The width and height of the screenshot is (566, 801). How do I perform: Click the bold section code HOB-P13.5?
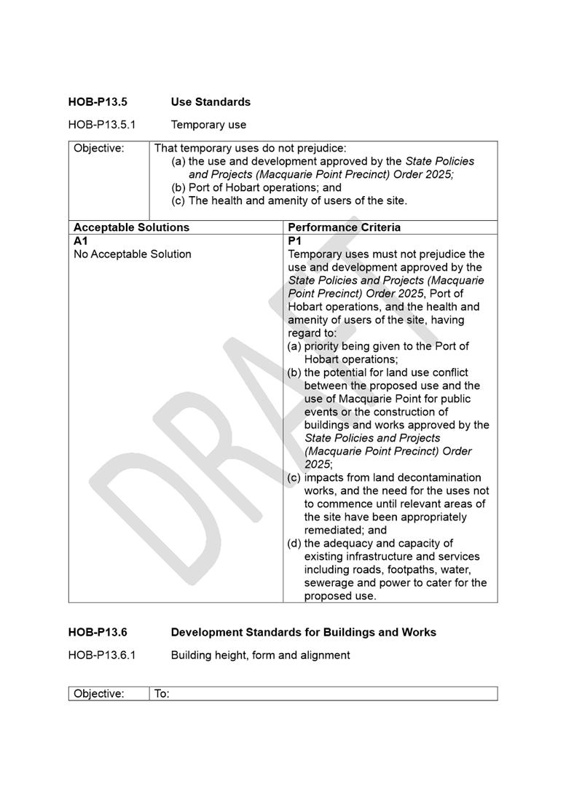click(97, 102)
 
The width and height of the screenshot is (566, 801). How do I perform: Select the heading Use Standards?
click(211, 102)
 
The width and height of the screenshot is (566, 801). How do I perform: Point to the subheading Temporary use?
click(208, 125)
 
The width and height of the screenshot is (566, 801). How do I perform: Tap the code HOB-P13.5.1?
click(101, 125)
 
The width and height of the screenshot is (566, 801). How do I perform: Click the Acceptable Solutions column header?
click(131, 227)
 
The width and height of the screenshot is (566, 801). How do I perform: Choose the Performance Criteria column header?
click(344, 227)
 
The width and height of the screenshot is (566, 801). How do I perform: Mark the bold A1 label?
click(80, 241)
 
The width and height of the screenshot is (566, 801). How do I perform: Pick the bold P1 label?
click(295, 241)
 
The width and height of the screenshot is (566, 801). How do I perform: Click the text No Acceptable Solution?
click(133, 254)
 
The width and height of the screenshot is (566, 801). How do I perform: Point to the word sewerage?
click(329, 583)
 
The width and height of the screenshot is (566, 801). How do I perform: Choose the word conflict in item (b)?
click(447, 373)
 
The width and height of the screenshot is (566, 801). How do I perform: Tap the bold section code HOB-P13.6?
click(97, 633)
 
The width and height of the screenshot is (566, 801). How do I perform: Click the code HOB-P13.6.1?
click(101, 655)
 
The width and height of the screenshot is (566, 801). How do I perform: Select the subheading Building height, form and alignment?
click(260, 655)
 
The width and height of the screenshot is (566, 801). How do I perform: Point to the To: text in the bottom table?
click(162, 694)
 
